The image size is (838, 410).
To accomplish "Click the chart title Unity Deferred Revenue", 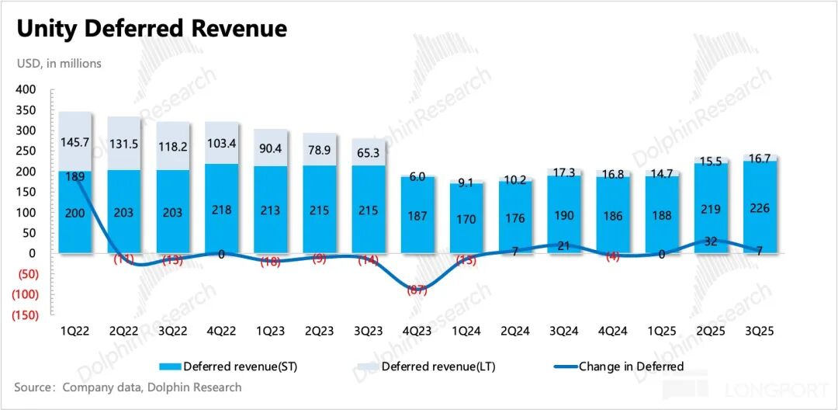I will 152,30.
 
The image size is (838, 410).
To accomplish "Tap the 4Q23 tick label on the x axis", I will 417,331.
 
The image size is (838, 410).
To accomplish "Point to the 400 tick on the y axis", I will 26,90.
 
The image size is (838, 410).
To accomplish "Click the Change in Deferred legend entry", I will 631,367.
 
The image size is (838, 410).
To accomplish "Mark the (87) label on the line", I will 417,290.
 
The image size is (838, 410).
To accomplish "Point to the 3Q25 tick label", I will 759,331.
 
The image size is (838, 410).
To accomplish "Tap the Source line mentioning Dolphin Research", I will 129,387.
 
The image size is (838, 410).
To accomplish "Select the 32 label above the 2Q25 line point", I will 711,241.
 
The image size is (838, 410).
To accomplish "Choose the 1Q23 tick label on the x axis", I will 271,331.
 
